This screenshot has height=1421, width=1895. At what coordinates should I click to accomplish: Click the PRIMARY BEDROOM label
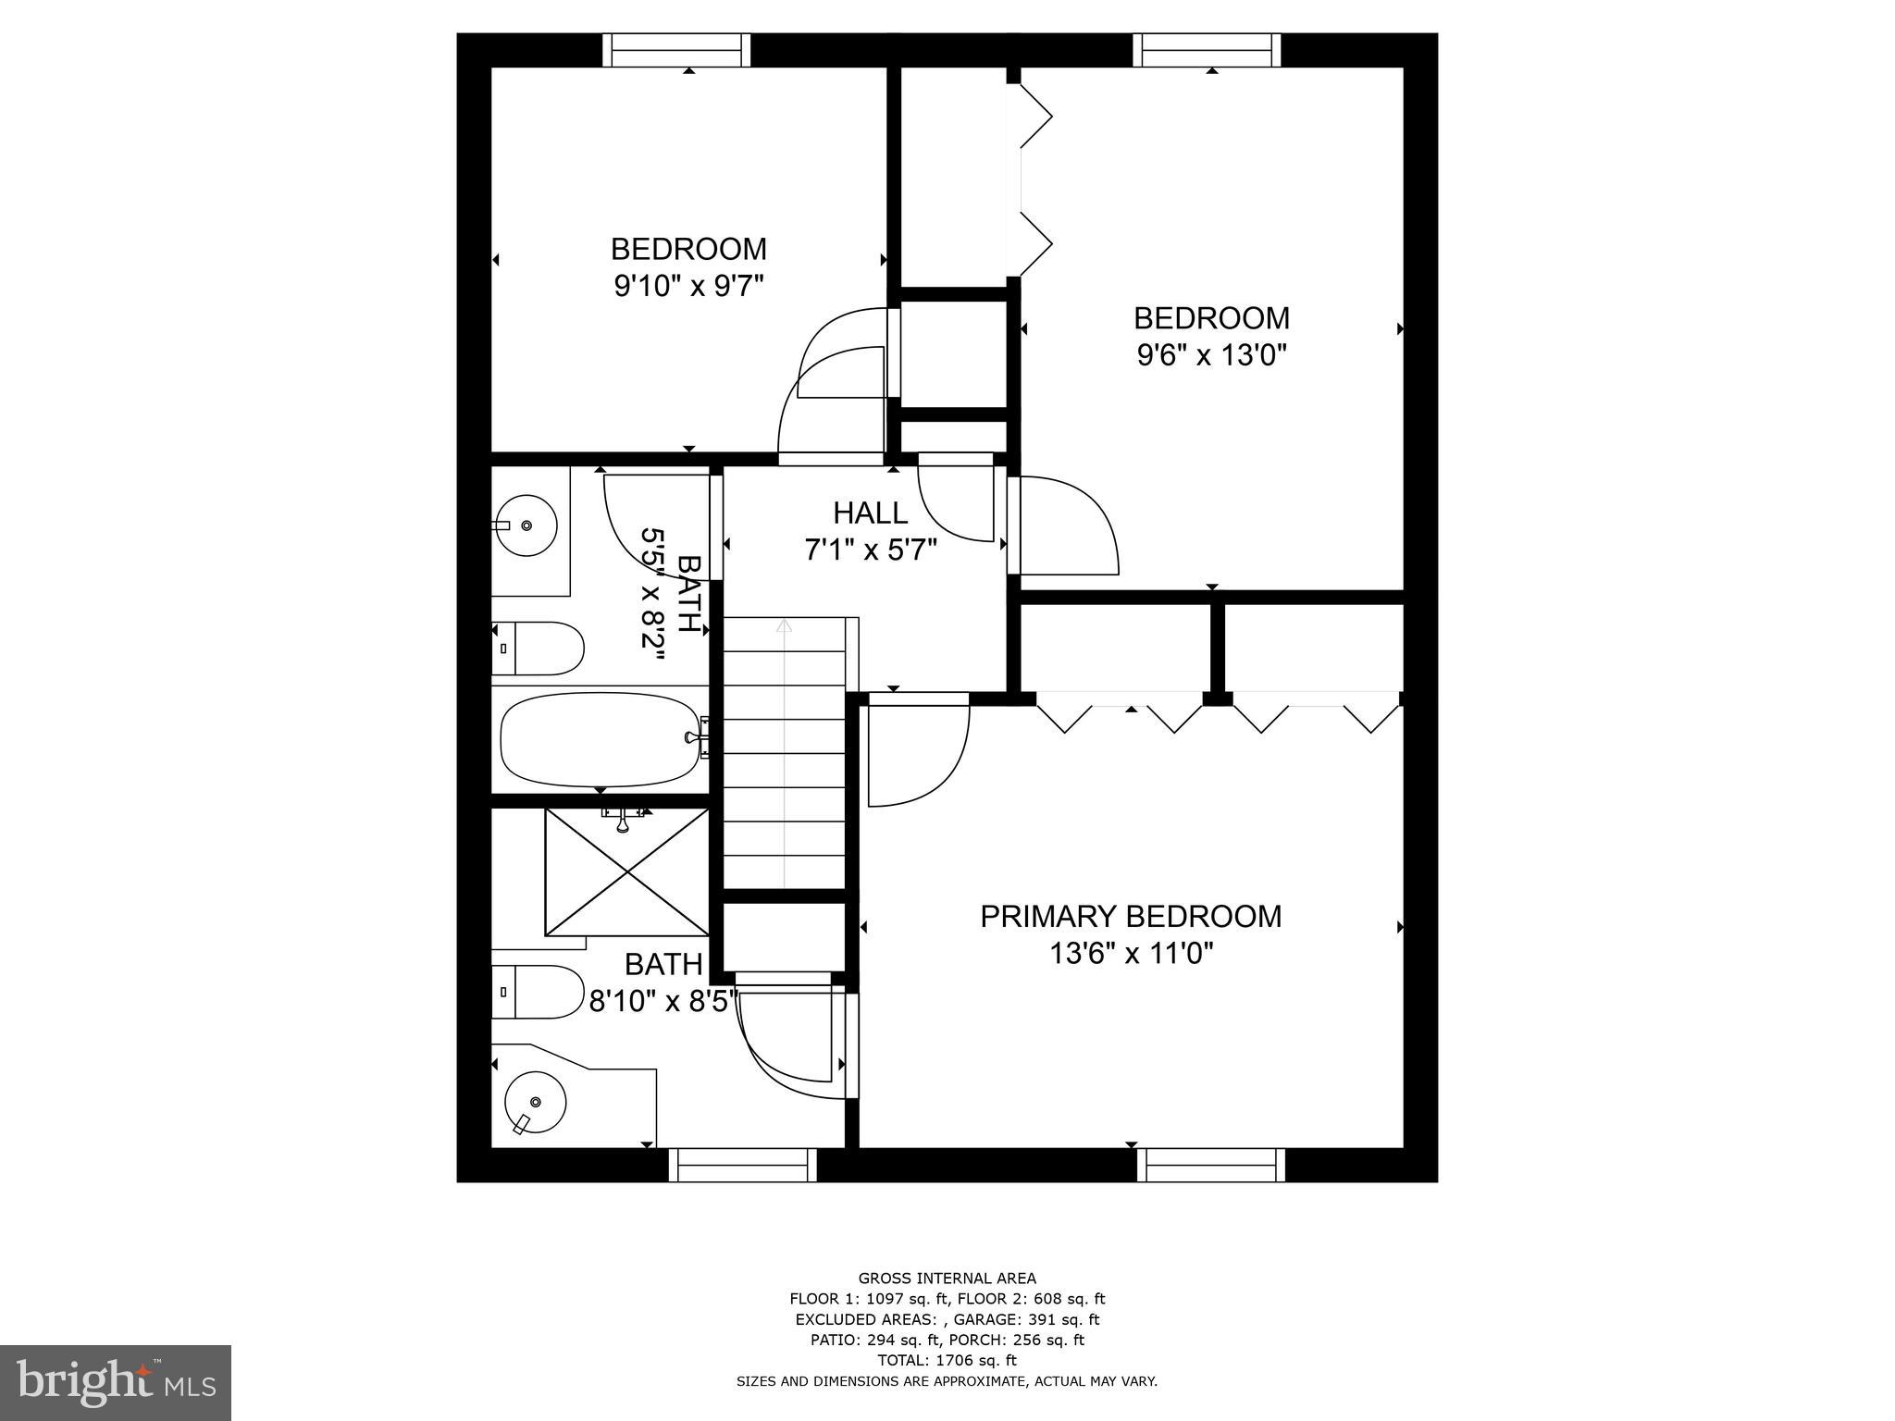pyautogui.click(x=1131, y=916)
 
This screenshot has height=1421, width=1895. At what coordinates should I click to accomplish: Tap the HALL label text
pyautogui.click(x=870, y=513)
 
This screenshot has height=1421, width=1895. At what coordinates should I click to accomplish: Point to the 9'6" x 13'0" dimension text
pyautogui.click(x=1211, y=355)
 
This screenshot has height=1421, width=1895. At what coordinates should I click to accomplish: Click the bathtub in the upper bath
pyautogui.click(x=600, y=739)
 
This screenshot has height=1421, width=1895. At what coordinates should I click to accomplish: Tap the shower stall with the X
pyautogui.click(x=627, y=872)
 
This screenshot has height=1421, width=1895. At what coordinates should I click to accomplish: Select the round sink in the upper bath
pyautogui.click(x=526, y=525)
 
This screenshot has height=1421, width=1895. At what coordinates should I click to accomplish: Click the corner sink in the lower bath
pyautogui.click(x=535, y=1102)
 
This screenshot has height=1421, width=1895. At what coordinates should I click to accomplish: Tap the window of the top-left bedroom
pyautogui.click(x=676, y=50)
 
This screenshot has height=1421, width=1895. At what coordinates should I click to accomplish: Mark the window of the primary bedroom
pyautogui.click(x=1210, y=1165)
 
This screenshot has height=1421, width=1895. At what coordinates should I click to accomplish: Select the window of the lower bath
pyautogui.click(x=742, y=1165)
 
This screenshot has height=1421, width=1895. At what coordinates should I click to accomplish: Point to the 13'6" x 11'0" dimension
pyautogui.click(x=1131, y=953)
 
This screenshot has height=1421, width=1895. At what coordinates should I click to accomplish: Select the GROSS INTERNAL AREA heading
pyautogui.click(x=947, y=1279)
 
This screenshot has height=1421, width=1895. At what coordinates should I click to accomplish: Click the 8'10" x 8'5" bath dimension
pyautogui.click(x=663, y=1001)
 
